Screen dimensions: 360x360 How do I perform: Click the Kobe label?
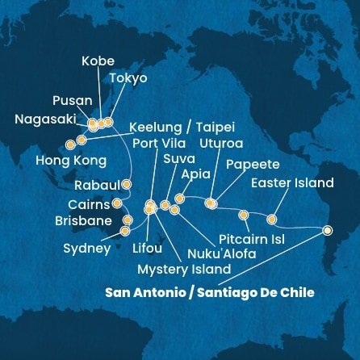[98, 61]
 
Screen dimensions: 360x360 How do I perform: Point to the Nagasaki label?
[47, 120]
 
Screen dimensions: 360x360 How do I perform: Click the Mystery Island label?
[183, 269]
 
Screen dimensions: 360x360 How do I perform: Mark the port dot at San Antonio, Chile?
[326, 230]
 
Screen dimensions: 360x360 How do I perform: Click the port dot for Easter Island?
[271, 219]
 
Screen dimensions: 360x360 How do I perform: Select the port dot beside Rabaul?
[126, 184]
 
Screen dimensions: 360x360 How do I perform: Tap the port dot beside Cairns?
[117, 203]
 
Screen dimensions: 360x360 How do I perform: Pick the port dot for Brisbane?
[127, 220]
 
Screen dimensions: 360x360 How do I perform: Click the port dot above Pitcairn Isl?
[244, 215]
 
